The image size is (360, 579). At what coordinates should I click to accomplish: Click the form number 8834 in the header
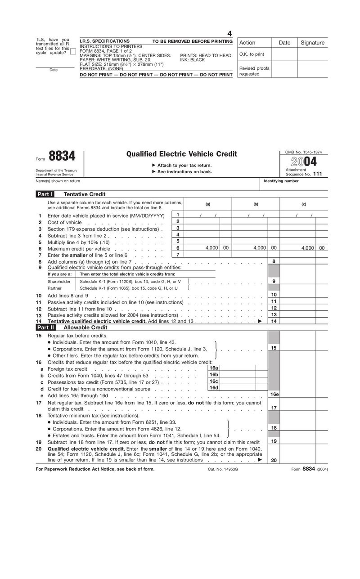[x=62, y=156]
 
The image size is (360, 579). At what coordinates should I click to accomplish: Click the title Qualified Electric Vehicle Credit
[x=181, y=154]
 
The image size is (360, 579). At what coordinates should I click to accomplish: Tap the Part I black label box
[x=45, y=194]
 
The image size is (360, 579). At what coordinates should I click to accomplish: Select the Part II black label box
[x=45, y=328]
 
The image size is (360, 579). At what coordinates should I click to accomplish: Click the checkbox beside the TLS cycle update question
[x=73, y=52]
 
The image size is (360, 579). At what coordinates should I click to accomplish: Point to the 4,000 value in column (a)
[x=211, y=248]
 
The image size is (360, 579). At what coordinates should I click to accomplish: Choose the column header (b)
[x=256, y=204]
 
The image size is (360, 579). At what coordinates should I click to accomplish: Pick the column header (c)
[x=304, y=204]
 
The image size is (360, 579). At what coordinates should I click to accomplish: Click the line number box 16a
[x=214, y=368]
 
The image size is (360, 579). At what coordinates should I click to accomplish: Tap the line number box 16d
[x=214, y=387]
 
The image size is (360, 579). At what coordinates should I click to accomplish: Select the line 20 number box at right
[x=274, y=460]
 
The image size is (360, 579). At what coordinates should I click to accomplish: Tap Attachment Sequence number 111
[x=317, y=174]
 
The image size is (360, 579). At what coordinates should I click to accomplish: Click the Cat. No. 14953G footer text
[x=222, y=469]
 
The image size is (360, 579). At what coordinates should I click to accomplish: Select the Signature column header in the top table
[x=312, y=43]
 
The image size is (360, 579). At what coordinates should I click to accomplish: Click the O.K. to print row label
[x=252, y=54]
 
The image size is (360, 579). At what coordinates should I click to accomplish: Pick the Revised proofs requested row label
[x=254, y=71]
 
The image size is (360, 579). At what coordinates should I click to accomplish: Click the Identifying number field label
[x=281, y=181]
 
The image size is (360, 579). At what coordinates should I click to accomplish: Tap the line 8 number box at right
[x=274, y=261]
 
